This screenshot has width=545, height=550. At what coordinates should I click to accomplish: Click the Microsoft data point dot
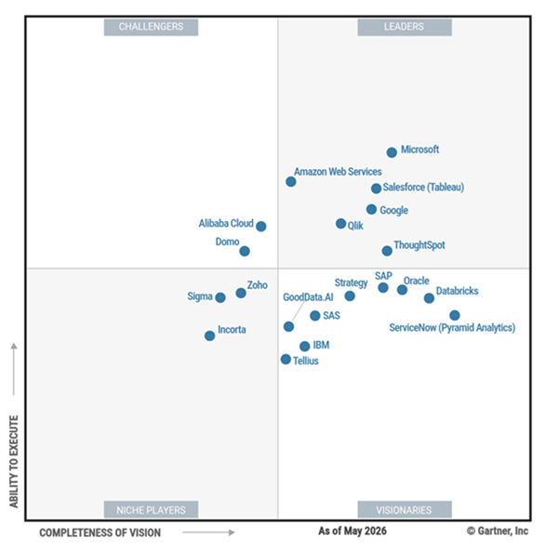coord(392,152)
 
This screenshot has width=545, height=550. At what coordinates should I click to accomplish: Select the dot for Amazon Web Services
coord(291,182)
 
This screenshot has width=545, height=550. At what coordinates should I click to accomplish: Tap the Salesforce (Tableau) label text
coord(423,188)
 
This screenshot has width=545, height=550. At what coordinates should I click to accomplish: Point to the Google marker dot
coord(371,209)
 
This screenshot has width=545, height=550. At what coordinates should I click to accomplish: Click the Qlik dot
coord(340,223)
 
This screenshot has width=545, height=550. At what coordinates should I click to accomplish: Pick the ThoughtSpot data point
coord(387,251)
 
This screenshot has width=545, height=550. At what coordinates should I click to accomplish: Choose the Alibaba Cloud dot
coord(261,227)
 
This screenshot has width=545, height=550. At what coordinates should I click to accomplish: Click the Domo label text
coord(227,242)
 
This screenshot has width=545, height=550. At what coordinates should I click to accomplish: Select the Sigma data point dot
coord(220,297)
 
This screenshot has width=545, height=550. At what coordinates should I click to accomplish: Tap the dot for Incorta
coord(209,335)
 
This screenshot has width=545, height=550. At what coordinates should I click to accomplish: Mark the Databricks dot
coord(429,298)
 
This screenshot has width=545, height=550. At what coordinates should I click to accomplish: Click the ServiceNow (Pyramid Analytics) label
coord(452,328)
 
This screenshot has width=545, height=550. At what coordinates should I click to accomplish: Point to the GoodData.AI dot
coord(288,327)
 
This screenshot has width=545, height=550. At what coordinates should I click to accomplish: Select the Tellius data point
coord(286,360)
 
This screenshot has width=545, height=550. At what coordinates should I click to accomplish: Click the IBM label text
coord(321,346)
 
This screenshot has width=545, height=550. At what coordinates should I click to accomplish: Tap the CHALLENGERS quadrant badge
coord(151,27)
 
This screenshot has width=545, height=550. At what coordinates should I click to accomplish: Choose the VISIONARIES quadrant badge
coord(405,510)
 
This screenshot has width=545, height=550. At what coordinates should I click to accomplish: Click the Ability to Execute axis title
coord(14,462)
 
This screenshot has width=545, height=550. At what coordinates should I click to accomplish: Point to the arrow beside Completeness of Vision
coord(208,532)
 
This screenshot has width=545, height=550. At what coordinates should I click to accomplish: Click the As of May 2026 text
coord(352,531)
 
